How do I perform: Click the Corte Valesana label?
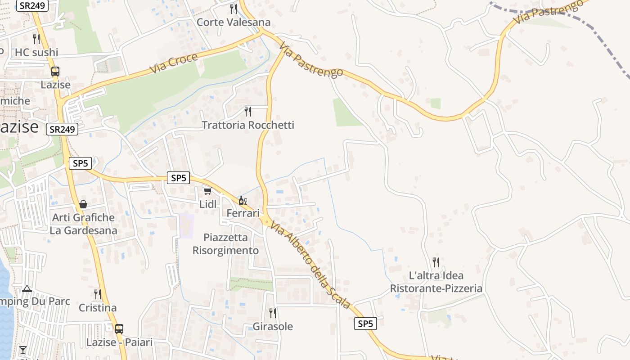(x=234, y=22)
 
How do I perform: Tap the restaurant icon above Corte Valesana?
(x=233, y=9)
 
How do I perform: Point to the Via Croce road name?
(x=174, y=63)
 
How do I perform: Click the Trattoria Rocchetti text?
(x=247, y=125)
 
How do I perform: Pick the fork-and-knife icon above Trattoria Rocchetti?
(x=248, y=111)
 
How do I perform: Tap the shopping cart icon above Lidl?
(x=207, y=191)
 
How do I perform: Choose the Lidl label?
(x=208, y=204)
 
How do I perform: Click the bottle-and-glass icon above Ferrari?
(x=243, y=200)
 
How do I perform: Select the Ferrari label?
(x=243, y=213)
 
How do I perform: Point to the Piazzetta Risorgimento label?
(x=225, y=244)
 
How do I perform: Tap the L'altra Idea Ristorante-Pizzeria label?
(x=436, y=282)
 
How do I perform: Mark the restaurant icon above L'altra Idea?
(x=436, y=262)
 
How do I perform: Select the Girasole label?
(x=273, y=326)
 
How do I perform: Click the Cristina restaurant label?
(x=98, y=308)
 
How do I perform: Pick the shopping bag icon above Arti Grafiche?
(x=83, y=204)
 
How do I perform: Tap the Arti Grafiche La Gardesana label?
(x=83, y=224)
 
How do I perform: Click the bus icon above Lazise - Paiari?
(x=119, y=329)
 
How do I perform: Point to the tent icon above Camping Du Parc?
(x=27, y=288)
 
